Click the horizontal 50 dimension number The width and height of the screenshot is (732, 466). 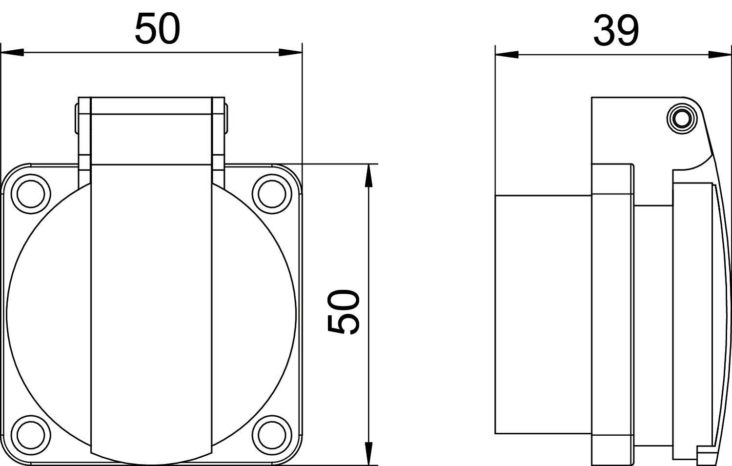coord(157,29)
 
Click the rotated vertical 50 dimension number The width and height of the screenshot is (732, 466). coord(344,312)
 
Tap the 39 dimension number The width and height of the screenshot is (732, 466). coord(615,31)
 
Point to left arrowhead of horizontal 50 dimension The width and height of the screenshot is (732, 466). coord(12,52)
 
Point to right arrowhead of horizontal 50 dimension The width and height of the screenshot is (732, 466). coord(291,52)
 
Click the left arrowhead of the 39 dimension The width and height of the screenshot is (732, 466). coord(507,54)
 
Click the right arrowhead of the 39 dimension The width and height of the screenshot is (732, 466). coord(721,54)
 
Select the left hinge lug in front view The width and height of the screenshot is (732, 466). coord(83,132)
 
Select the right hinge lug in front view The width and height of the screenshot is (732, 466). coord(219,132)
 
